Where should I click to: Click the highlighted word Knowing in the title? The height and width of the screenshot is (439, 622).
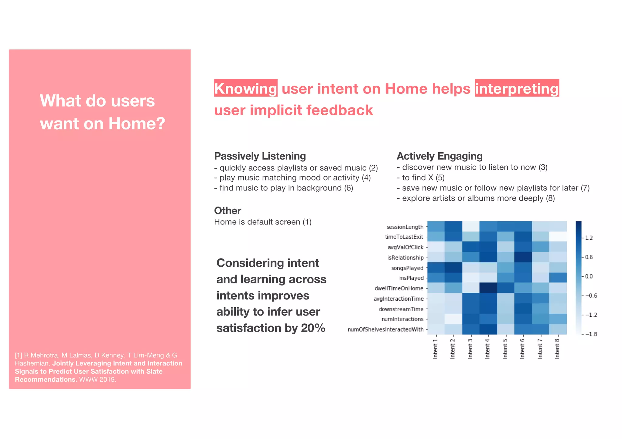(x=245, y=89)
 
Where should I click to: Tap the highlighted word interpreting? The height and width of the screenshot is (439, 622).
(x=517, y=89)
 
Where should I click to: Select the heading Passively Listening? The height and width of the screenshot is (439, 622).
(x=260, y=156)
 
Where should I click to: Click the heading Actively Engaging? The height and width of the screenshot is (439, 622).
(x=439, y=156)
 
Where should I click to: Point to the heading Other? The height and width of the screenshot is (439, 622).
(x=227, y=211)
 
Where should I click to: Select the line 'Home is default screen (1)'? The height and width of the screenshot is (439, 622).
(x=263, y=222)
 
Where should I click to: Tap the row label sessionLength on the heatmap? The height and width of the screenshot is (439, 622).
(x=405, y=227)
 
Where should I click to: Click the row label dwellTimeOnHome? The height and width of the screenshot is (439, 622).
(x=399, y=288)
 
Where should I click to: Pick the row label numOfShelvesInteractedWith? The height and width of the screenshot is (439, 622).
(x=385, y=329)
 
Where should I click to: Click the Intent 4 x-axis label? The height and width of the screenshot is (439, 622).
(x=487, y=349)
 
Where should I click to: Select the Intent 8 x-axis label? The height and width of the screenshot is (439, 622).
(x=557, y=349)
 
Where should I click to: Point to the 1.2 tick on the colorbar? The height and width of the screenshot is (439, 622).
(x=589, y=238)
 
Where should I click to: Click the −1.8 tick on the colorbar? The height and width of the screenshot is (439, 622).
(x=590, y=334)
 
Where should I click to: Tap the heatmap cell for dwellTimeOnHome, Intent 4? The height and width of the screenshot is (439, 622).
(x=488, y=288)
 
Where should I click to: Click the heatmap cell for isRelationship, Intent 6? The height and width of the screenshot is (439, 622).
(x=523, y=257)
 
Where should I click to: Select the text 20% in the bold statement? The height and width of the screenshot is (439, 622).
(x=313, y=328)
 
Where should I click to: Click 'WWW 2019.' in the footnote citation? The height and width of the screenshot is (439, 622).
(x=97, y=380)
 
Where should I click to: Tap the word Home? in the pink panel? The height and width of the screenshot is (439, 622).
(x=137, y=124)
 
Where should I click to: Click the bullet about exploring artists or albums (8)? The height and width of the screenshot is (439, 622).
(x=476, y=198)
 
